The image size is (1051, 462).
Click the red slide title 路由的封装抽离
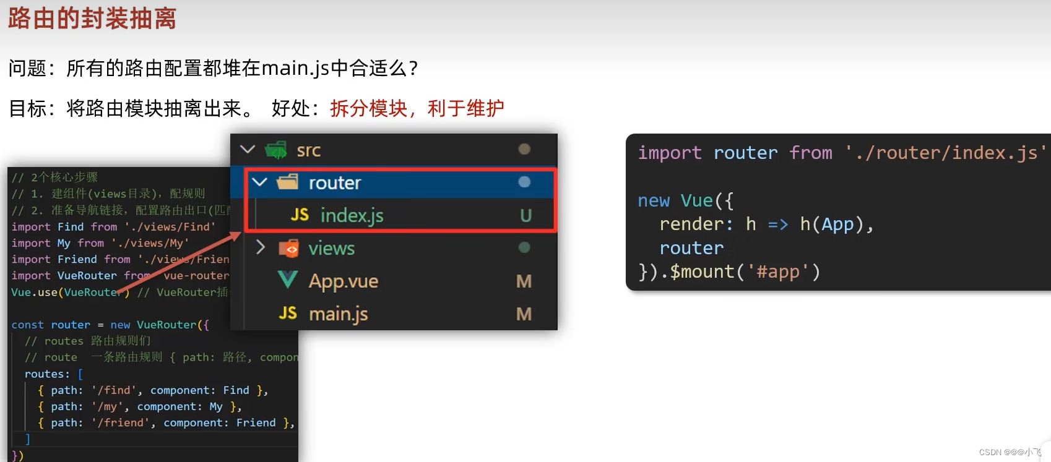[92, 19]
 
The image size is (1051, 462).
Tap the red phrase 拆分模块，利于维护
[417, 108]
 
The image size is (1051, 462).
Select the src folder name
[308, 150]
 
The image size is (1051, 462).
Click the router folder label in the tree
[334, 183]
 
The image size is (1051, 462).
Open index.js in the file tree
[352, 215]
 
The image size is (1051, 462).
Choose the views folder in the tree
[331, 249]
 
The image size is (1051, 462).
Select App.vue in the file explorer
[343, 281]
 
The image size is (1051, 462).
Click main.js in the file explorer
[338, 314]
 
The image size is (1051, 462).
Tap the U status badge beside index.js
[525, 215]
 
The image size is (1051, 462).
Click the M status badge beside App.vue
[524, 281]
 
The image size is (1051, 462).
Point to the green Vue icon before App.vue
[287, 280]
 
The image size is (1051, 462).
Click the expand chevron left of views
[261, 248]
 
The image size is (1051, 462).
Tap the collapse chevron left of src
[248, 150]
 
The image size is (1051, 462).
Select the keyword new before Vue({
[654, 201]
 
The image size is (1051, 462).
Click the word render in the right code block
[691, 224]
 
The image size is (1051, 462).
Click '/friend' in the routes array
[117, 423]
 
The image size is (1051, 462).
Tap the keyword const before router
[27, 325]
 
